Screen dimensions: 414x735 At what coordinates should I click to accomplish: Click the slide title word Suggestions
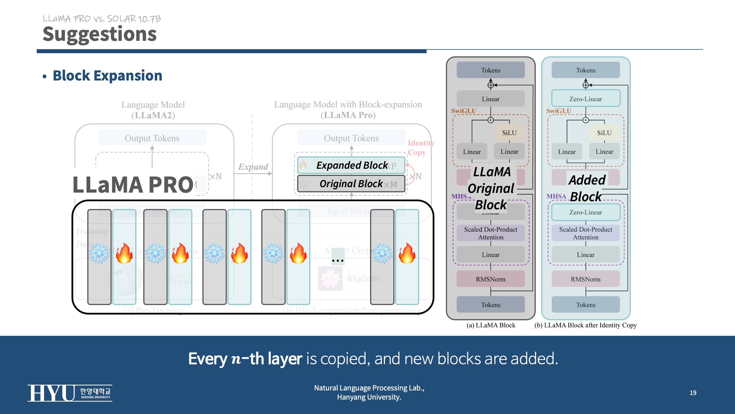pyautogui.click(x=100, y=34)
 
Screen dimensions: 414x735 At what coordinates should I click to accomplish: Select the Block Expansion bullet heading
pyautogui.click(x=107, y=76)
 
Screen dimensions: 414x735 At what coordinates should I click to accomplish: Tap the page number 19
pyautogui.click(x=693, y=393)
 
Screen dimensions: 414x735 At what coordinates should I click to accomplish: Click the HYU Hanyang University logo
pyautogui.click(x=70, y=393)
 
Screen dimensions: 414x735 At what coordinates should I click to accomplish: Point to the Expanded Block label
pyautogui.click(x=352, y=165)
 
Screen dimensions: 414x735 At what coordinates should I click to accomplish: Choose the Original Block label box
pyautogui.click(x=351, y=184)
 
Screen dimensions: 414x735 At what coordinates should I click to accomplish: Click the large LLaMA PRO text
pyautogui.click(x=133, y=185)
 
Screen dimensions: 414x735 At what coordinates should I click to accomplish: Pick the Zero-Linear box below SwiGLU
pyautogui.click(x=586, y=99)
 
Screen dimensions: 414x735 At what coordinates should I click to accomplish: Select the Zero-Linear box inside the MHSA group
pyautogui.click(x=586, y=212)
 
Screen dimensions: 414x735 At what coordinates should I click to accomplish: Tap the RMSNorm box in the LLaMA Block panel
pyautogui.click(x=490, y=279)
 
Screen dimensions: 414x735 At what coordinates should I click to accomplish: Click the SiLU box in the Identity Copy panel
pyautogui.click(x=604, y=133)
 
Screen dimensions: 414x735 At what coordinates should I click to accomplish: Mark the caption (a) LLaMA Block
pyautogui.click(x=491, y=325)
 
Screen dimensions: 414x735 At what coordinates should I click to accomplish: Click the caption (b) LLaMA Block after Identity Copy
pyautogui.click(x=585, y=325)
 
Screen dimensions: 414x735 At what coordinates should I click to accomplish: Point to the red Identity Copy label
pyautogui.click(x=421, y=147)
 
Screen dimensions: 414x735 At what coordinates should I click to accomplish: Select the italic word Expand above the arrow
pyautogui.click(x=253, y=167)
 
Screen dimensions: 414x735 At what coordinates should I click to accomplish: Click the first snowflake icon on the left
pyautogui.click(x=99, y=253)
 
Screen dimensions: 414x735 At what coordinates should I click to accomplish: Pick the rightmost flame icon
pyautogui.click(x=407, y=253)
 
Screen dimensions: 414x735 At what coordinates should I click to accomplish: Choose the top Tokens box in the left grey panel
pyautogui.click(x=490, y=70)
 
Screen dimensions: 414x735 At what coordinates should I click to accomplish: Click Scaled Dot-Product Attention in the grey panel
pyautogui.click(x=490, y=233)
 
